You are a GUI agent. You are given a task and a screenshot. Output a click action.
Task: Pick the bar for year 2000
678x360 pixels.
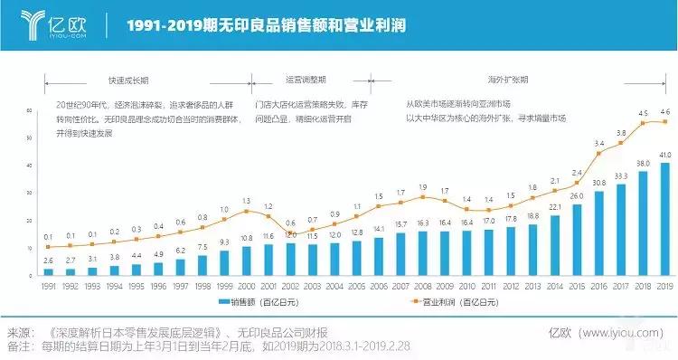point(246,261)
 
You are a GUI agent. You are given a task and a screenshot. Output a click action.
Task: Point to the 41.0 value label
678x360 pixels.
point(665,156)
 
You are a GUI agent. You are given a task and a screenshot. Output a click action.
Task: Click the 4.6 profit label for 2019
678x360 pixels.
point(665,112)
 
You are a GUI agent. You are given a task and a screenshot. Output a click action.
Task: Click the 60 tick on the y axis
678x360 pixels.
point(30,110)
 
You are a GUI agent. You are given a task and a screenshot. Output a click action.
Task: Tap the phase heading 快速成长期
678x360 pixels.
point(127,79)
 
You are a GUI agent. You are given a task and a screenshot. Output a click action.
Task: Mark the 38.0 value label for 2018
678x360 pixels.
point(643,164)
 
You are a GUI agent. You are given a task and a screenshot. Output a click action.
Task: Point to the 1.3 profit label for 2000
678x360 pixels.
point(246,200)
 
